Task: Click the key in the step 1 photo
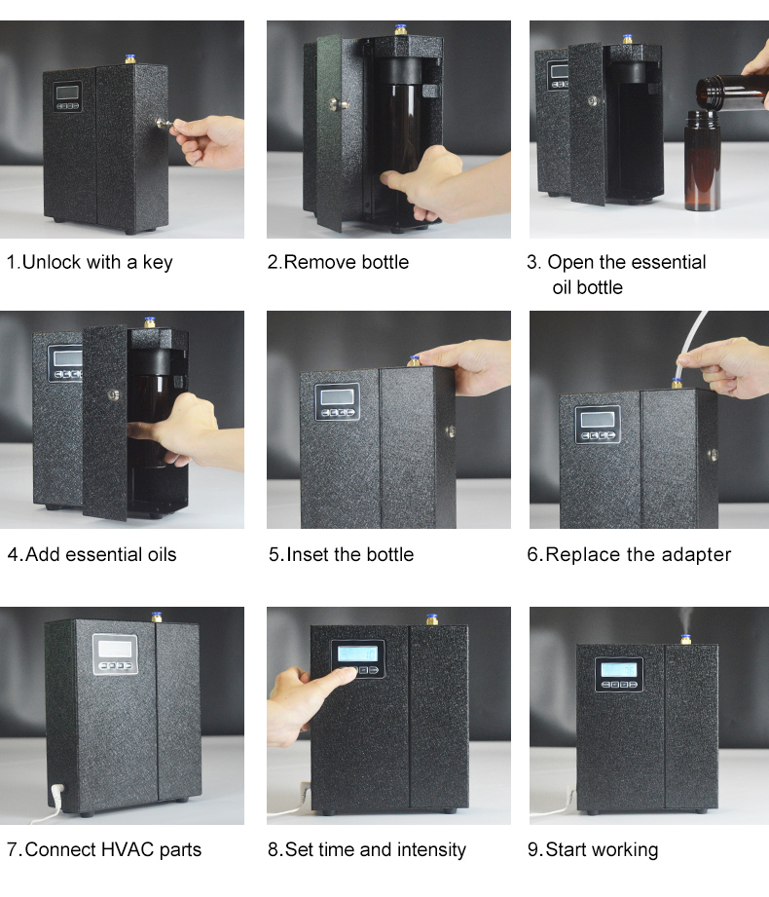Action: pos(165,124)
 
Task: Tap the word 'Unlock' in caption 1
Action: pos(51,262)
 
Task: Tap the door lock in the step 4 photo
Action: pos(114,394)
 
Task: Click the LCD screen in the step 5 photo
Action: pos(337,396)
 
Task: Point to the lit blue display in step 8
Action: pos(357,654)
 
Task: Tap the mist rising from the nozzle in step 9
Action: pos(685,621)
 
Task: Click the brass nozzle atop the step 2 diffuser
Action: pos(400,30)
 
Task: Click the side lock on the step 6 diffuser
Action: pos(713,455)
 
